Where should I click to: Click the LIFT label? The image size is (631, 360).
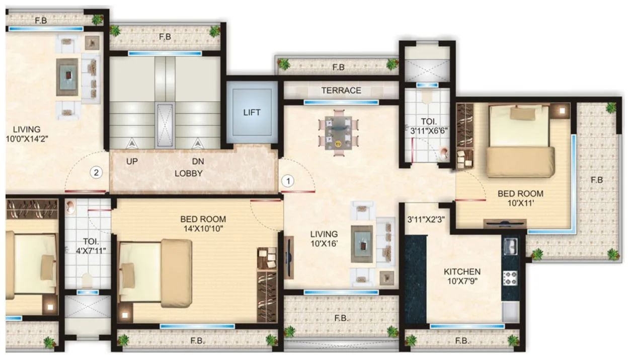pyautogui.click(x=252, y=112)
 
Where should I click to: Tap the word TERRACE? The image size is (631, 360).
pyautogui.click(x=341, y=91)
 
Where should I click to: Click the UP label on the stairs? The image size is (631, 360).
pyautogui.click(x=132, y=162)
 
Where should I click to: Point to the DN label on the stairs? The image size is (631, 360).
pyautogui.click(x=197, y=162)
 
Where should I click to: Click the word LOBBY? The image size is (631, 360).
pyautogui.click(x=188, y=173)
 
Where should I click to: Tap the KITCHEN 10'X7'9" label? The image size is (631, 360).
pyautogui.click(x=461, y=276)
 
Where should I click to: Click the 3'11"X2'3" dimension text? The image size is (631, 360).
pyautogui.click(x=425, y=219)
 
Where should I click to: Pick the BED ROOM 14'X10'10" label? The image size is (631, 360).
pyautogui.click(x=203, y=224)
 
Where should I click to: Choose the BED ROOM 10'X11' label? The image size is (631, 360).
pyautogui.click(x=520, y=198)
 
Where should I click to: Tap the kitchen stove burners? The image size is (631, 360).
pyautogui.click(x=510, y=276)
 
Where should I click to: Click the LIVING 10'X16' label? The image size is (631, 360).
pyautogui.click(x=324, y=239)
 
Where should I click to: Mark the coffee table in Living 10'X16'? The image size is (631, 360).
pyautogui.click(x=362, y=244)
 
